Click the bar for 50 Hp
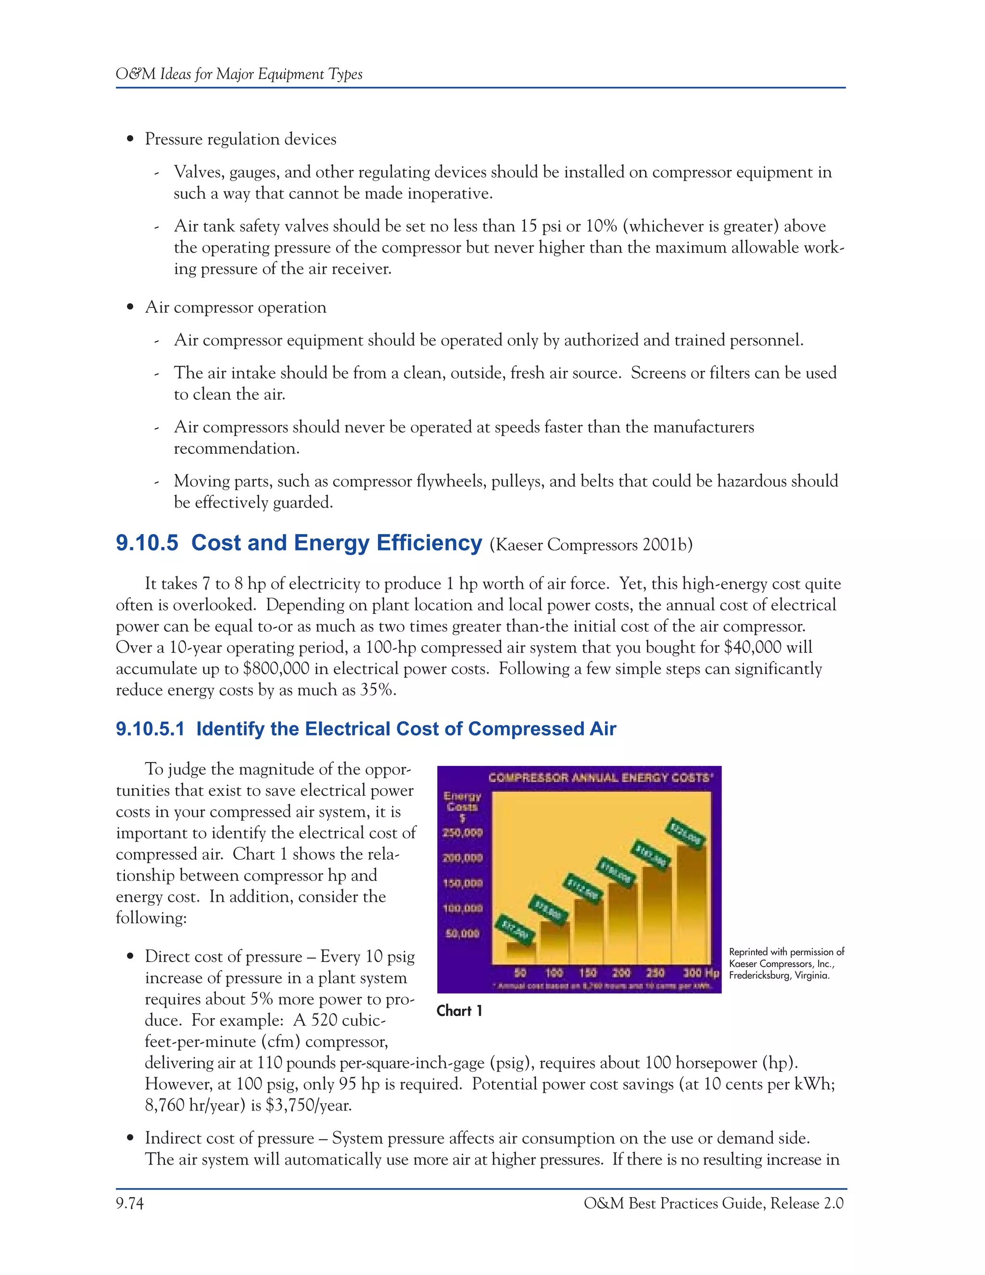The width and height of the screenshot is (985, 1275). (x=520, y=952)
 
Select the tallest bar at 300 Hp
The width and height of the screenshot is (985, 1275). (x=691, y=905)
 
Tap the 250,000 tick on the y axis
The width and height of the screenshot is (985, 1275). (x=463, y=832)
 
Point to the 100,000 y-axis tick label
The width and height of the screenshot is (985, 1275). (x=463, y=908)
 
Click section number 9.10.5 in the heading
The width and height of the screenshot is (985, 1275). (x=147, y=543)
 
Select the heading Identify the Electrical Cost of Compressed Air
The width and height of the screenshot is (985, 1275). (x=405, y=729)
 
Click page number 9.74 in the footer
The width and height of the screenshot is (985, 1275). (x=129, y=1203)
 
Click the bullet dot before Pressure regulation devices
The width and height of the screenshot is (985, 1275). (x=131, y=140)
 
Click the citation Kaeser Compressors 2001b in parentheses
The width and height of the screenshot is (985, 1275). (x=591, y=545)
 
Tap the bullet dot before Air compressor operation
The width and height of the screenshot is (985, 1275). (x=131, y=307)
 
